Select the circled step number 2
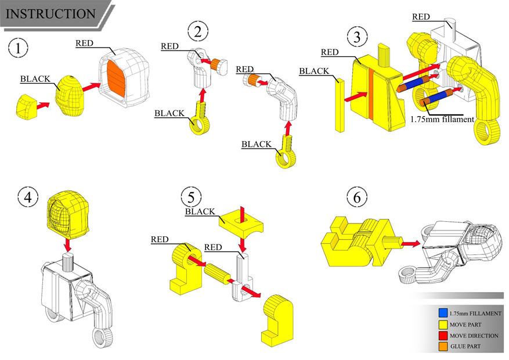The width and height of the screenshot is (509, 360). click(197, 31)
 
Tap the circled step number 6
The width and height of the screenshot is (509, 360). click(356, 197)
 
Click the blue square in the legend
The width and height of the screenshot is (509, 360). click(443, 314)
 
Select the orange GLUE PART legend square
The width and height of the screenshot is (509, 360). click(443, 347)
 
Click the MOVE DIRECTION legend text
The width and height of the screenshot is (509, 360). click(474, 336)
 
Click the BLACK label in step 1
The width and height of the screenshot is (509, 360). click(35, 78)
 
